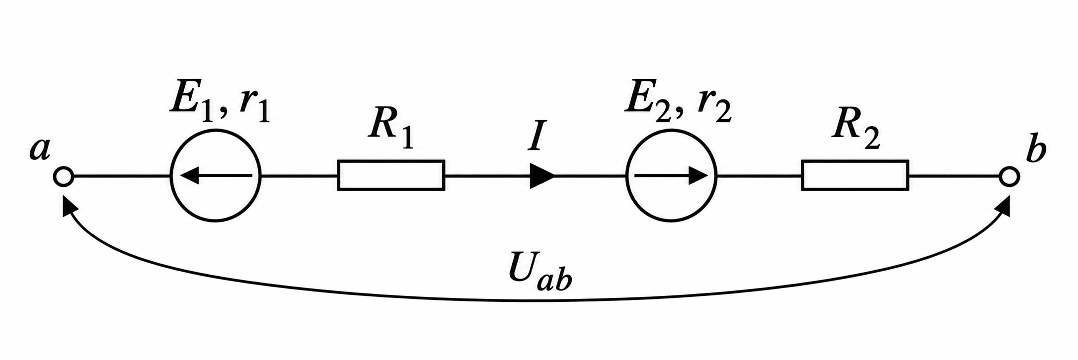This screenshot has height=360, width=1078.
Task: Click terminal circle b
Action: click(1009, 176)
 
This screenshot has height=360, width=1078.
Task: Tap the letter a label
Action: click(39, 149)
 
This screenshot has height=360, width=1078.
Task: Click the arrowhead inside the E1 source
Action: click(189, 175)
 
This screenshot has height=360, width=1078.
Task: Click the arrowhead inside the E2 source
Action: click(697, 175)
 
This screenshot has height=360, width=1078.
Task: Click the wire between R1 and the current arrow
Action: click(487, 176)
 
